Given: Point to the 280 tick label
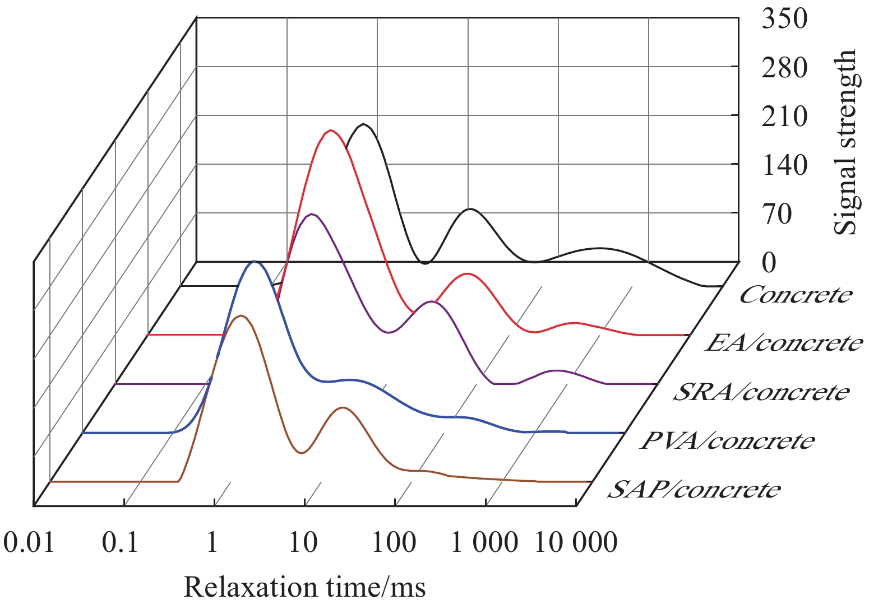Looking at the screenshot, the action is pos(784,68).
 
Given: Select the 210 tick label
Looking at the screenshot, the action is pos(784,117).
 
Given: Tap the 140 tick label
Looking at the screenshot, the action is pos(784,165).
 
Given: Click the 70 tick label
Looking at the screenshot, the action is pos(778,214).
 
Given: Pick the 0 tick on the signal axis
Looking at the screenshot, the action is pos(769,262).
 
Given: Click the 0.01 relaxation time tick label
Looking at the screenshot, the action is pos(29,542).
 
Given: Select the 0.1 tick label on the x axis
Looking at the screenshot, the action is pos(120,542).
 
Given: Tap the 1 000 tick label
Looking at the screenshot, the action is pos(484,542).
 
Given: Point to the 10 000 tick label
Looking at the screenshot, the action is pos(576,542).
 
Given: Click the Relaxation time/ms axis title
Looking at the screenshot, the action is pos(304,587).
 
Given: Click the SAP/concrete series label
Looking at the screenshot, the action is pos(694,490).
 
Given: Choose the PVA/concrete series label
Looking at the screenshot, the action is pos(727,441).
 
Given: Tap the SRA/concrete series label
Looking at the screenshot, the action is pos(761,392).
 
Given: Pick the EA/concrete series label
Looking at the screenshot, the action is pos(784,343).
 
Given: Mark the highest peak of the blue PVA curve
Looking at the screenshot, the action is pos(255,261).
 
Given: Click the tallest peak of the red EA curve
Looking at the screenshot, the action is pos(330,131).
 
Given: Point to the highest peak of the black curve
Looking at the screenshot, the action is pos(364,124).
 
